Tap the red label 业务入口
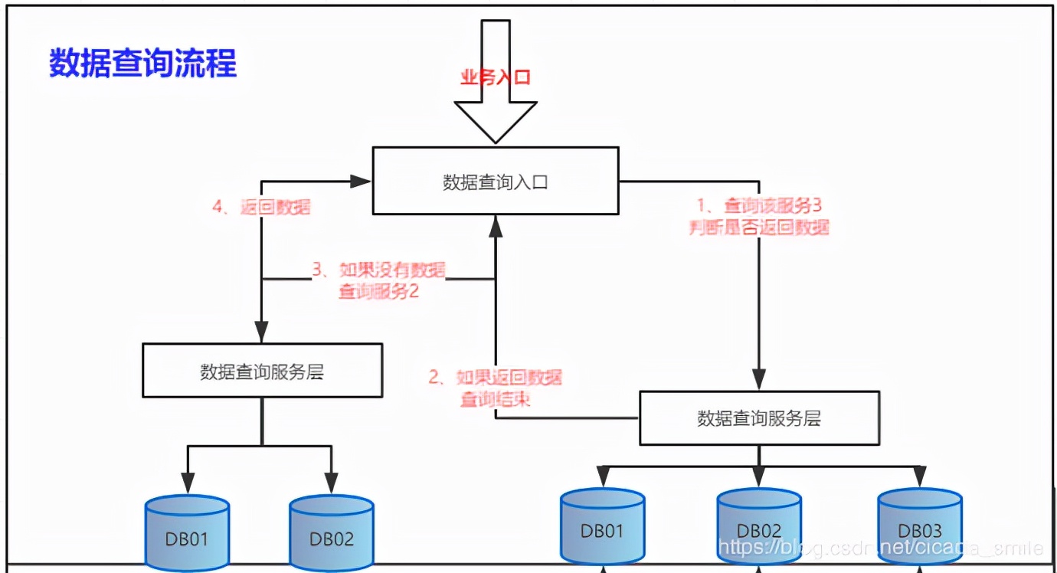495,77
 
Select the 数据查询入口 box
495,182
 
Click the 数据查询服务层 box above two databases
262,371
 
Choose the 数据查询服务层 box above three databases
758,418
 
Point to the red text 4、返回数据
261,207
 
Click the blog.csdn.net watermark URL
881,548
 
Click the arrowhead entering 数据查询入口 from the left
362,182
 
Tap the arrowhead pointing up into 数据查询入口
496,224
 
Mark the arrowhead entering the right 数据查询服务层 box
758,380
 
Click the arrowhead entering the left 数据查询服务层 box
262,332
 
